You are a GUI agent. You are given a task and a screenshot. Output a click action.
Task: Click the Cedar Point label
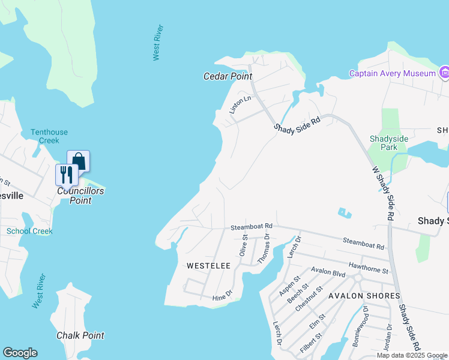(x=228, y=76)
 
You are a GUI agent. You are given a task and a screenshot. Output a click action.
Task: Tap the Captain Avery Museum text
(x=393, y=73)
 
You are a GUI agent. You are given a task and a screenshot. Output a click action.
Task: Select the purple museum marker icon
(x=444, y=73)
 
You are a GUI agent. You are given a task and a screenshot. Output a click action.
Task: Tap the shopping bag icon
(x=78, y=161)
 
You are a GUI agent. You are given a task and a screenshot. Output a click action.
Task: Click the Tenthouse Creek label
(x=49, y=136)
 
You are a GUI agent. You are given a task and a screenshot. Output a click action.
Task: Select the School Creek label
(x=29, y=231)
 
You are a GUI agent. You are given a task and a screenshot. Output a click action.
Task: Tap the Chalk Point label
(x=80, y=335)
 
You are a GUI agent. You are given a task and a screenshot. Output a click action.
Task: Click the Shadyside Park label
(x=389, y=143)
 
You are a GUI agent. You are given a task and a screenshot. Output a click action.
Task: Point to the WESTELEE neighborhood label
(x=208, y=265)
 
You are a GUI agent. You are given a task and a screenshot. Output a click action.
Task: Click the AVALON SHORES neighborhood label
(x=364, y=296)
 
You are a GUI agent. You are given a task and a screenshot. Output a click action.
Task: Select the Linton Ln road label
(x=239, y=104)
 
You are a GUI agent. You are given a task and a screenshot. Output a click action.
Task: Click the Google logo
(x=20, y=353)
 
